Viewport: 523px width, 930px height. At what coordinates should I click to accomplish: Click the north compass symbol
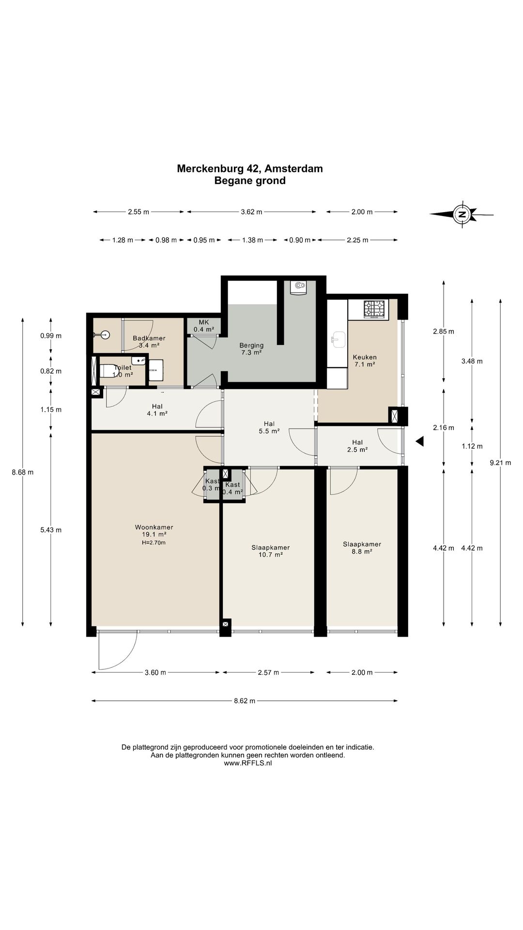pos(462,214)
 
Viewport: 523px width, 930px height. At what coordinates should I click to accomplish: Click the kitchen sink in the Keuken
pos(338,340)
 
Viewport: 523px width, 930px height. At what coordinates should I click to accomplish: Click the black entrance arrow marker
pos(420,441)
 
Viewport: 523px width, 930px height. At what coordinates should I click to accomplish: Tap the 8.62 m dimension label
pos(245,700)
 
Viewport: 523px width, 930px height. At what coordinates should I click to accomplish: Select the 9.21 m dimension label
pos(500,463)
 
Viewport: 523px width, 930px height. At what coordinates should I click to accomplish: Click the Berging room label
pos(252,349)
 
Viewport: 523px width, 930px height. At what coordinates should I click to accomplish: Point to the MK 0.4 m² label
pos(204,325)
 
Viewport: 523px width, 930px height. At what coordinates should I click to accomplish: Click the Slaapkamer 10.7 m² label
pos(271,551)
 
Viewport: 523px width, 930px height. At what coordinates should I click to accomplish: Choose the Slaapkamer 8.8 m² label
pos(362,548)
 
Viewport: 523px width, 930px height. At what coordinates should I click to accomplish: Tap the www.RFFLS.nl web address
pos(248,763)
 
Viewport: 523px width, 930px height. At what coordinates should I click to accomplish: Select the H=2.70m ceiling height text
pos(154,542)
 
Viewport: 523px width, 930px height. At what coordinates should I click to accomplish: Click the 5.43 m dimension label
pos(51,530)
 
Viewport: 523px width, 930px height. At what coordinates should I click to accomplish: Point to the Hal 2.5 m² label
pos(358,446)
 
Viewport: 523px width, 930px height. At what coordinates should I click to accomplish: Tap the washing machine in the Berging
pos(298,287)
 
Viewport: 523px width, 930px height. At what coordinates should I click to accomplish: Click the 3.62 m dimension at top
pos(252,212)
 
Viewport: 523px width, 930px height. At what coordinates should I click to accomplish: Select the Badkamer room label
pos(149,342)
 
